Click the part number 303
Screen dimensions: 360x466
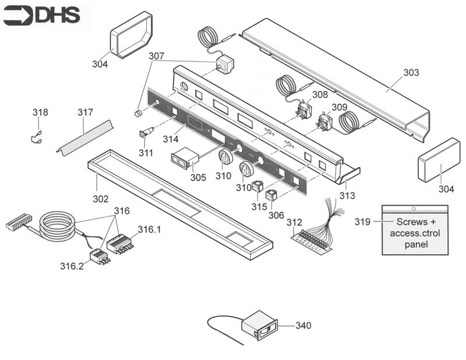pos(411,73)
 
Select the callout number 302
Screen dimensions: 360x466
pos(100,199)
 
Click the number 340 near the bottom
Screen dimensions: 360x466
pos(304,326)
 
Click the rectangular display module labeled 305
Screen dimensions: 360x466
pos(181,158)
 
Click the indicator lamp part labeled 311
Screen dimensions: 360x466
pos(146,133)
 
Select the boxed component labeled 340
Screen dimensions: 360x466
pos(260,325)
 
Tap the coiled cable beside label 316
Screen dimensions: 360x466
pos(56,224)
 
